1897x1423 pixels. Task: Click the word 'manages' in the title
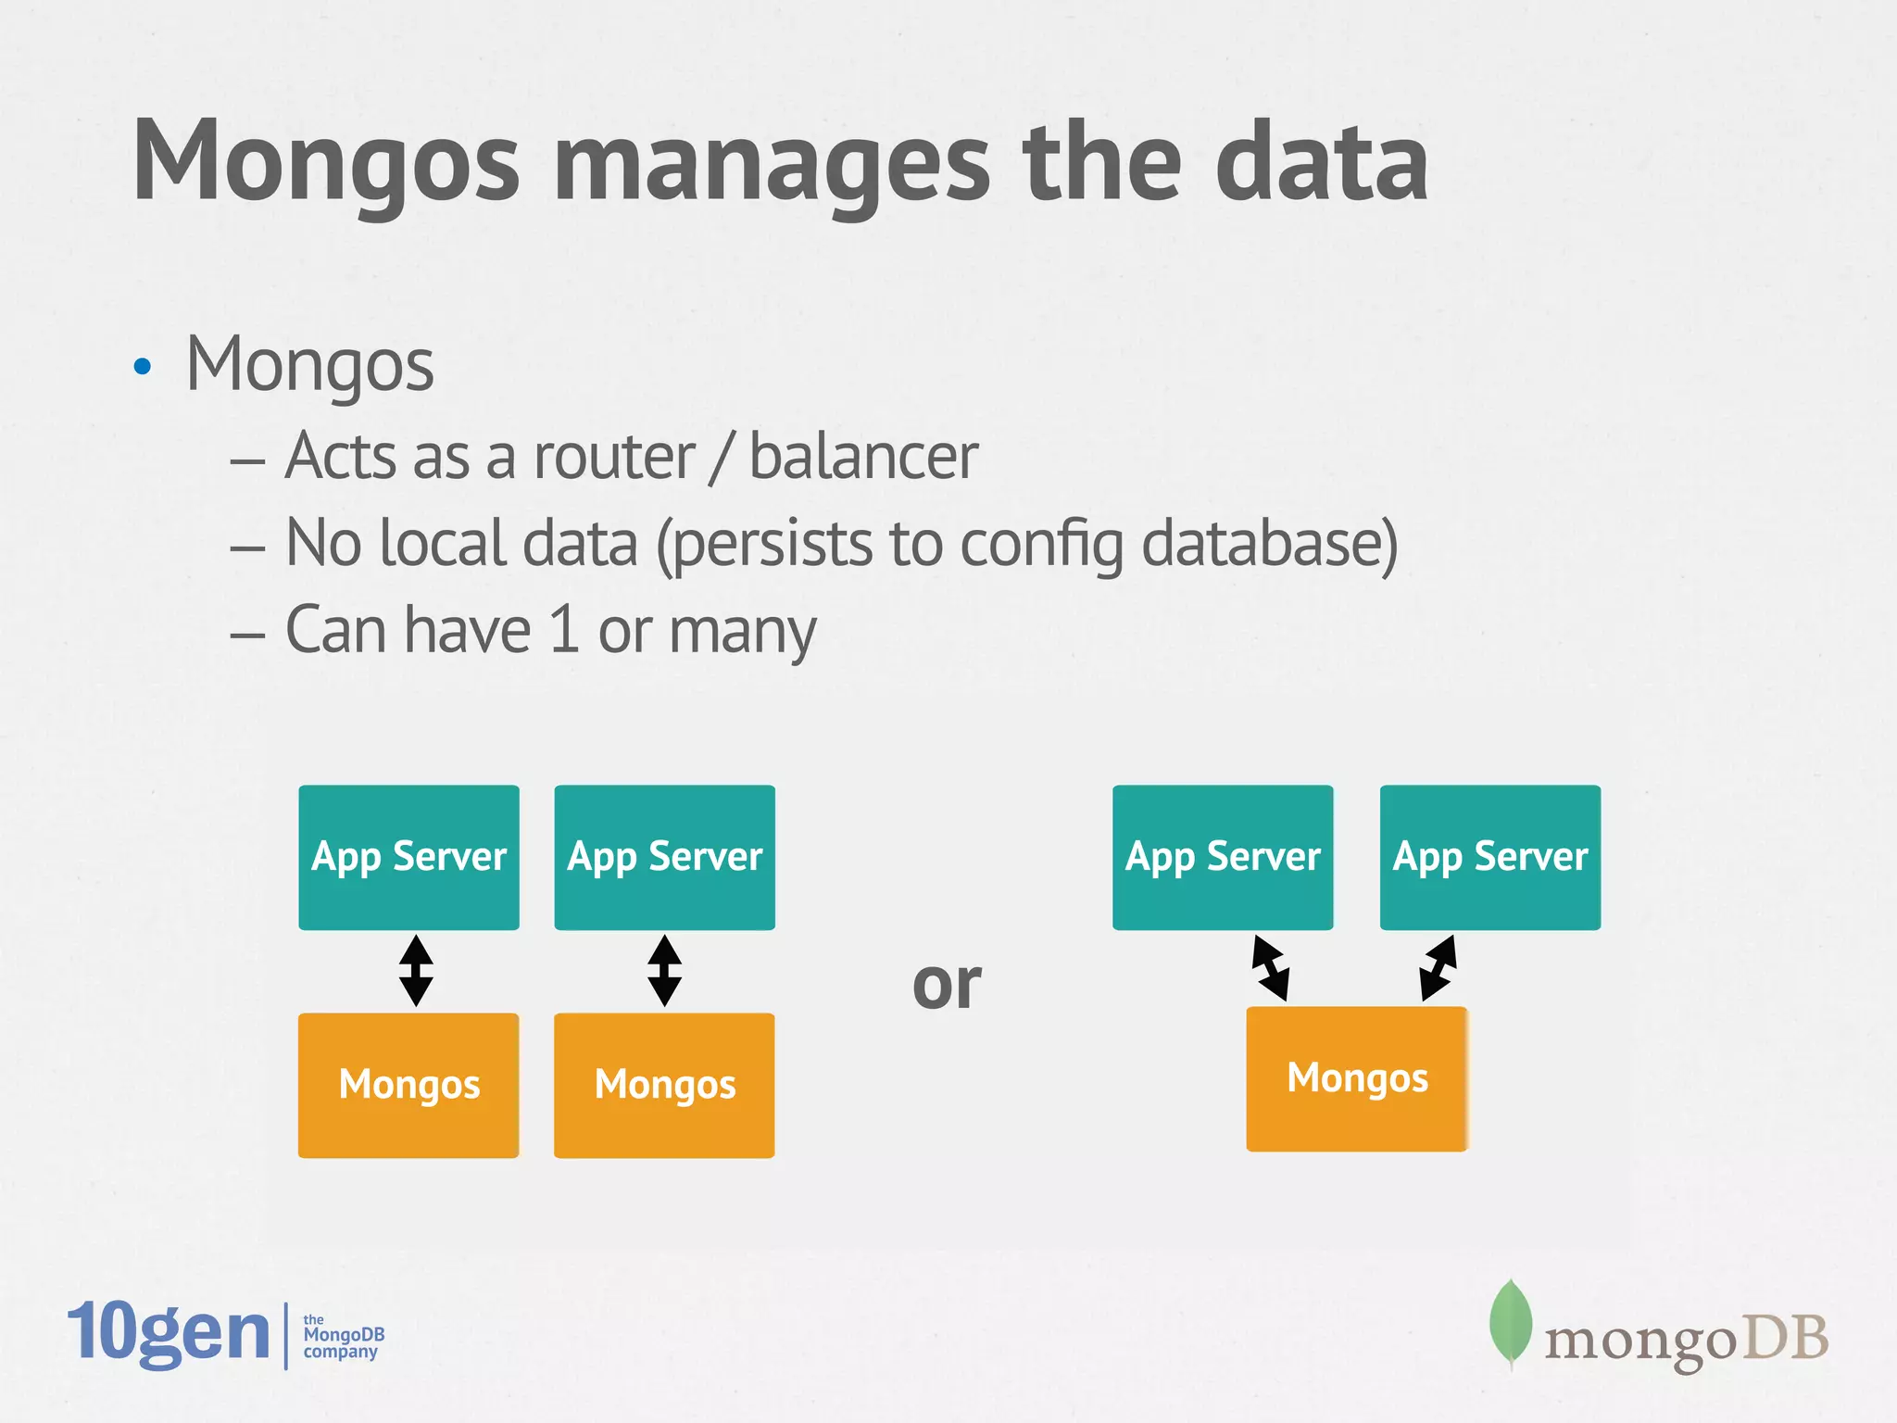pyautogui.click(x=773, y=165)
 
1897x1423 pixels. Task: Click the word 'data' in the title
pyautogui.click(x=1321, y=165)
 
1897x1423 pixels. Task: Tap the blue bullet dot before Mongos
pyautogui.click(x=142, y=367)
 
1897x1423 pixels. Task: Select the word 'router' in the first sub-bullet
pyautogui.click(x=613, y=457)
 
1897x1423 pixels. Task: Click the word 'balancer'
pyautogui.click(x=862, y=457)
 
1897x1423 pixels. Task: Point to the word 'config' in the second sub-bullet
pyautogui.click(x=1041, y=545)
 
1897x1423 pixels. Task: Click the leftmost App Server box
pyautogui.click(x=408, y=857)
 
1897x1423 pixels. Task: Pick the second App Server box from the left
pyautogui.click(x=664, y=857)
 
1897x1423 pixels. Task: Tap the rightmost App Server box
pyautogui.click(x=1489, y=857)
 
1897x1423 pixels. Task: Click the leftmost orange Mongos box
pyautogui.click(x=408, y=1085)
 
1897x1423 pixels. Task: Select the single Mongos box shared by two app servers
pyautogui.click(x=1357, y=1079)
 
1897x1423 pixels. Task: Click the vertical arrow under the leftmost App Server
pyautogui.click(x=416, y=970)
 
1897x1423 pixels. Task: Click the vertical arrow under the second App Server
pyautogui.click(x=664, y=970)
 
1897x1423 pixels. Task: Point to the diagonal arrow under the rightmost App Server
pyautogui.click(x=1438, y=967)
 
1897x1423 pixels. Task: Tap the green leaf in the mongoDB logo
pyautogui.click(x=1510, y=1322)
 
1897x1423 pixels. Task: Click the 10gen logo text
pyautogui.click(x=169, y=1332)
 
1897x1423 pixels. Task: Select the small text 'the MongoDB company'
pyautogui.click(x=343, y=1336)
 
